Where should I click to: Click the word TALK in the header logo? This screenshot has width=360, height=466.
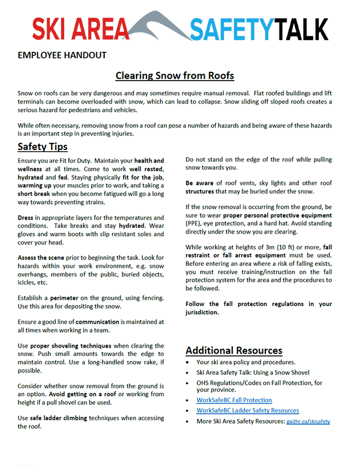click(302, 28)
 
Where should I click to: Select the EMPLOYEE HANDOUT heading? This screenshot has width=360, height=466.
click(62, 56)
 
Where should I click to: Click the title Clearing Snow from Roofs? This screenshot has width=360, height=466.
click(175, 76)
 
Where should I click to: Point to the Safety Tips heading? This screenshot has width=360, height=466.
click(42, 147)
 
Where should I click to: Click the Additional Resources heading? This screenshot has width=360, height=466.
click(234, 351)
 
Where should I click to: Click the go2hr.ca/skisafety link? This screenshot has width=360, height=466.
click(309, 422)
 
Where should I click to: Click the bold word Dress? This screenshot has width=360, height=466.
click(27, 217)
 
